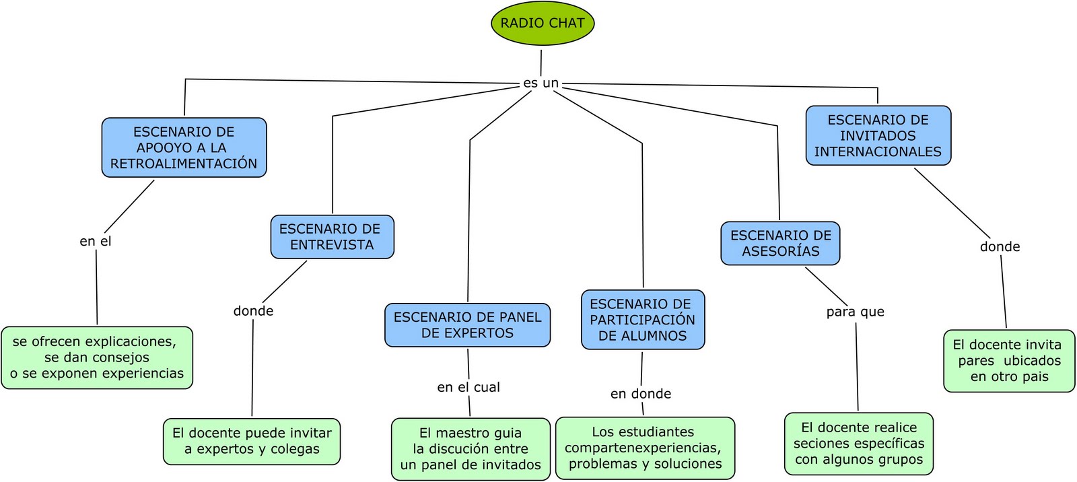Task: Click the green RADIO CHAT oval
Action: [543, 24]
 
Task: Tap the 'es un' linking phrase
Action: [541, 83]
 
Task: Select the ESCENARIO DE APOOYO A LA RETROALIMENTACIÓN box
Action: [184, 147]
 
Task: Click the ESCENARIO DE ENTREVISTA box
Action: [332, 237]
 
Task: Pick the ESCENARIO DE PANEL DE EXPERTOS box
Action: [467, 325]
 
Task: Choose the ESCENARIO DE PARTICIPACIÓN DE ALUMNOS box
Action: [643, 320]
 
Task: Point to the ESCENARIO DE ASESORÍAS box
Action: [780, 243]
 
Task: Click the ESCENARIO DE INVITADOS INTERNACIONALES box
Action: [878, 135]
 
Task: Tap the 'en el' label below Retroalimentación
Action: [96, 241]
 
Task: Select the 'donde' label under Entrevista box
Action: [253, 311]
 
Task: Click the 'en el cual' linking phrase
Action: [468, 387]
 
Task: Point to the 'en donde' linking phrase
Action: [640, 394]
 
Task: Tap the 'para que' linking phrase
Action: [855, 312]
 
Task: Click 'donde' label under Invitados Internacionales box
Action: [1000, 247]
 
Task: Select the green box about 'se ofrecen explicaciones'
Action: [97, 357]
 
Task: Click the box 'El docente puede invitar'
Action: [252, 441]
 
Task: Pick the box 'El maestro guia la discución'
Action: [471, 449]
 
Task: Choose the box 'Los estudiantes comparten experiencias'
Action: [645, 448]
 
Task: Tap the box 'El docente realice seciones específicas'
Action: [859, 444]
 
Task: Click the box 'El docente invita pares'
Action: [1009, 361]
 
